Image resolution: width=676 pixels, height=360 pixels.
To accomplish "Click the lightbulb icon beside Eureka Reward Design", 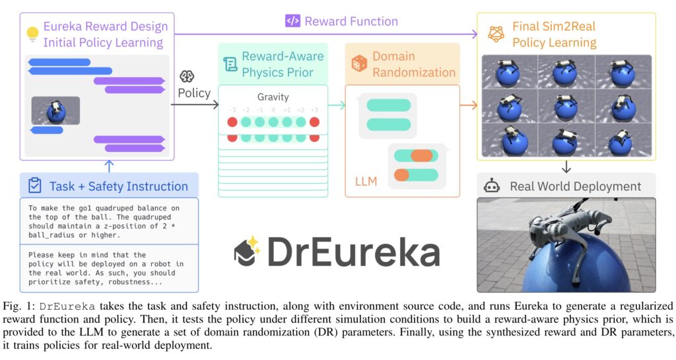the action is coord(32,34).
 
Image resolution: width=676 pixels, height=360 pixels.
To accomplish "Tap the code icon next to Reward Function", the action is coord(292,21).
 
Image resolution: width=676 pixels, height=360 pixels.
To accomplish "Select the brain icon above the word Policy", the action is coord(187,77).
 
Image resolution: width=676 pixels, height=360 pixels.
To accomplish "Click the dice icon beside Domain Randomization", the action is coord(359,64).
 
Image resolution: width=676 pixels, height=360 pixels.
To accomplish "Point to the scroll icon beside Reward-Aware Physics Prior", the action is coord(230,65).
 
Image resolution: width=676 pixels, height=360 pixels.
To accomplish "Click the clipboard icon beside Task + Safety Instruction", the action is coord(34,186).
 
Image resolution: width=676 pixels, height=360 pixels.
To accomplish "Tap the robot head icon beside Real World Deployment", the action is coord(491,186).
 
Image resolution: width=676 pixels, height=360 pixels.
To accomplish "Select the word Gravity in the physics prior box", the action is coord(273,97).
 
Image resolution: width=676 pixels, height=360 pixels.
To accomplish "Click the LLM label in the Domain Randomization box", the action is coord(366,182).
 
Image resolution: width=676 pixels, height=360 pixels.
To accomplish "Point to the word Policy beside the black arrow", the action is coord(194,93).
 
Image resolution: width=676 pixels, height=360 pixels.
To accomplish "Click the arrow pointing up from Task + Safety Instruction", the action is coord(109,166).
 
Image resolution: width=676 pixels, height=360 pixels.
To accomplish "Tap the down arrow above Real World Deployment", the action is coord(566,167).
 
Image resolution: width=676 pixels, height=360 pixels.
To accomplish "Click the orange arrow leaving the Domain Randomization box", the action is coord(469,105).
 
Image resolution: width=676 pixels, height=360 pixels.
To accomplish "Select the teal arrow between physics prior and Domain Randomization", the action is coord(337,105).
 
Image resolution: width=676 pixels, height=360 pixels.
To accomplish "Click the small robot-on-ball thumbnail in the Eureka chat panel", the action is coord(55,110).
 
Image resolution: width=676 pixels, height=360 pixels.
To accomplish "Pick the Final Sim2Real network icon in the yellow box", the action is coord(496,34).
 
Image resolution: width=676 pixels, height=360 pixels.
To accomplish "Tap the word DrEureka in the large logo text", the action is coord(354,252).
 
